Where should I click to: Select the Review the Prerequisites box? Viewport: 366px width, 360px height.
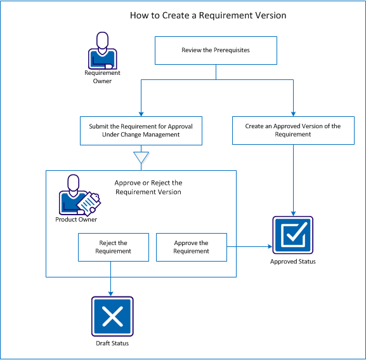click(216, 51)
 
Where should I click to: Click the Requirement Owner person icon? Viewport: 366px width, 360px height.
click(102, 51)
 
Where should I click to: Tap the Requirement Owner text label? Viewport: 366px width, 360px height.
click(102, 77)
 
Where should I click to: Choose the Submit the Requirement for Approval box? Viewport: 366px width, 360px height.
click(140, 130)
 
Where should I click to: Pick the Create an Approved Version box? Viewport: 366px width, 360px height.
click(292, 130)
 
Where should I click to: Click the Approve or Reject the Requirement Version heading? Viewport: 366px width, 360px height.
click(148, 187)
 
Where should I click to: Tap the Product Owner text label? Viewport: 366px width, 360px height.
click(75, 220)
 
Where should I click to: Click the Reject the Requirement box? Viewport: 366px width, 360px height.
click(113, 247)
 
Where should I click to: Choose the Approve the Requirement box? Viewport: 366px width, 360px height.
click(191, 247)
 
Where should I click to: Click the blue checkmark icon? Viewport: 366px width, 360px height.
click(292, 236)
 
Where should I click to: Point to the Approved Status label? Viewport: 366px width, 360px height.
click(292, 262)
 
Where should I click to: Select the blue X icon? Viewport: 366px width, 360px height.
click(112, 317)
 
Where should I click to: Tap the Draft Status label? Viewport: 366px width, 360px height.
click(112, 343)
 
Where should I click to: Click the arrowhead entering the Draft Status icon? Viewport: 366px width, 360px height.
click(112, 293)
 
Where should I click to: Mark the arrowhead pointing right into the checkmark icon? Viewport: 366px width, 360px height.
click(268, 246)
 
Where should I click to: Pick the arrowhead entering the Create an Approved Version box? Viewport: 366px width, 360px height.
click(292, 112)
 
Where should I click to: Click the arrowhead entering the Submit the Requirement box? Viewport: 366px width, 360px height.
click(140, 112)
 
